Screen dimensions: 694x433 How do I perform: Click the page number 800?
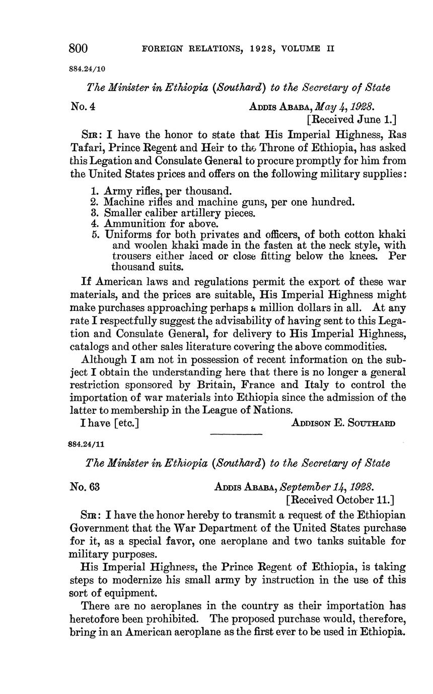[79, 48]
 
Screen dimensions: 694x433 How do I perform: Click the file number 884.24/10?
[87, 69]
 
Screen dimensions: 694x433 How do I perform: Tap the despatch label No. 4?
[83, 107]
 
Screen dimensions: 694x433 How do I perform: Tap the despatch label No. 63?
[85, 487]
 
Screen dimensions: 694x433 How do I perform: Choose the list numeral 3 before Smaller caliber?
[95, 213]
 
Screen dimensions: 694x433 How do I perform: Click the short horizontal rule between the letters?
[236, 434]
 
